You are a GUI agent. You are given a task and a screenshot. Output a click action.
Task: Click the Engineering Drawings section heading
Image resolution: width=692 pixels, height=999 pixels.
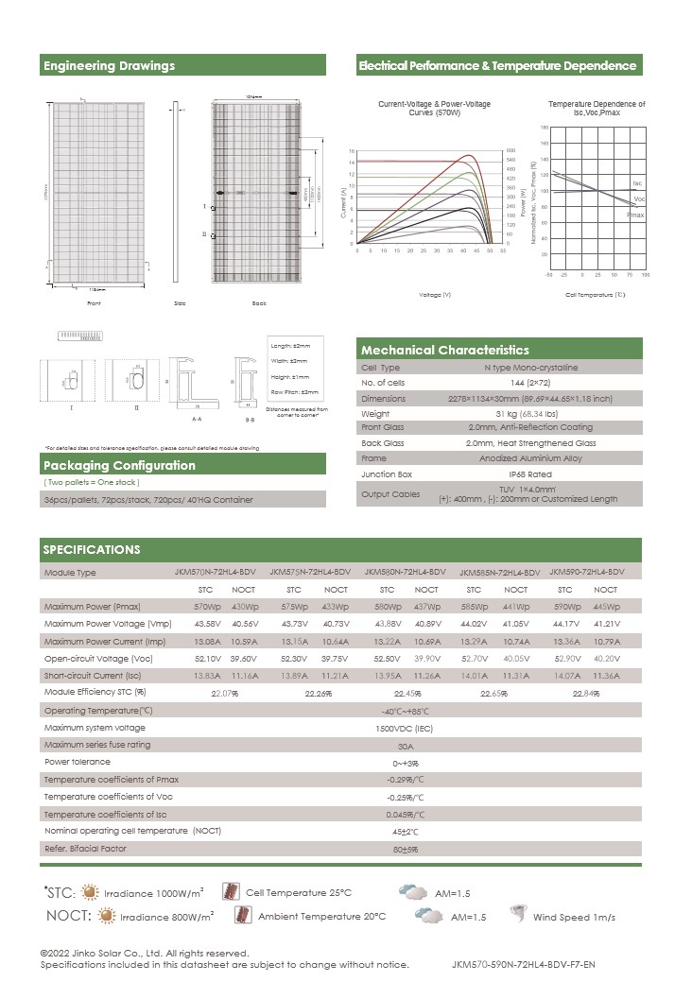110,66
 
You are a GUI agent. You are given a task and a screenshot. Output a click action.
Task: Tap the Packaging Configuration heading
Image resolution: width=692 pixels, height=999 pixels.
120,465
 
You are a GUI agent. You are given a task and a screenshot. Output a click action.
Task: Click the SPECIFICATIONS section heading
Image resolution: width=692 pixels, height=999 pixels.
92,549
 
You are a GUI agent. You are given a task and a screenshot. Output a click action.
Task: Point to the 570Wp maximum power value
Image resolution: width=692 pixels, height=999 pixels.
207,606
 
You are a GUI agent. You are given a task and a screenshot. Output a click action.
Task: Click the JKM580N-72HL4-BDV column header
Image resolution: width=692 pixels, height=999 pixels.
405,573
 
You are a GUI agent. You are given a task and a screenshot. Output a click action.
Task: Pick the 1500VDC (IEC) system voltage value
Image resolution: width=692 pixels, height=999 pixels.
405,728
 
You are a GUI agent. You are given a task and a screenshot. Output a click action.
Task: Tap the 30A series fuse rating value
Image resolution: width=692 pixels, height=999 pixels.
405,745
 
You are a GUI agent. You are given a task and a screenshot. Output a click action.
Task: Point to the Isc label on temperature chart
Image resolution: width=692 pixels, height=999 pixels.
637,181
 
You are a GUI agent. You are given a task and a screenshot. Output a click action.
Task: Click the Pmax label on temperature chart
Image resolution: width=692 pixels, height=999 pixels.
635,215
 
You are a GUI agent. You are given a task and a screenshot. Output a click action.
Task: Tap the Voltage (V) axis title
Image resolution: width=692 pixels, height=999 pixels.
434,295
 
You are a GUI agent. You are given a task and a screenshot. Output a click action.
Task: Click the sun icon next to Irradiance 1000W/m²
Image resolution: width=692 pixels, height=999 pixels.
90,891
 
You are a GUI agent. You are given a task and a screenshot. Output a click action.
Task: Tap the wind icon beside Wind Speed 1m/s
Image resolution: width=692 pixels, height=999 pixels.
518,914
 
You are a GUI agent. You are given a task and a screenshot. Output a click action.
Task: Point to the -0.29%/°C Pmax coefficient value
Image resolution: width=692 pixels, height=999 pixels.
405,780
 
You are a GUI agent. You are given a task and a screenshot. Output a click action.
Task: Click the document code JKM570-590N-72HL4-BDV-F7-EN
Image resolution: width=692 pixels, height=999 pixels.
524,965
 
